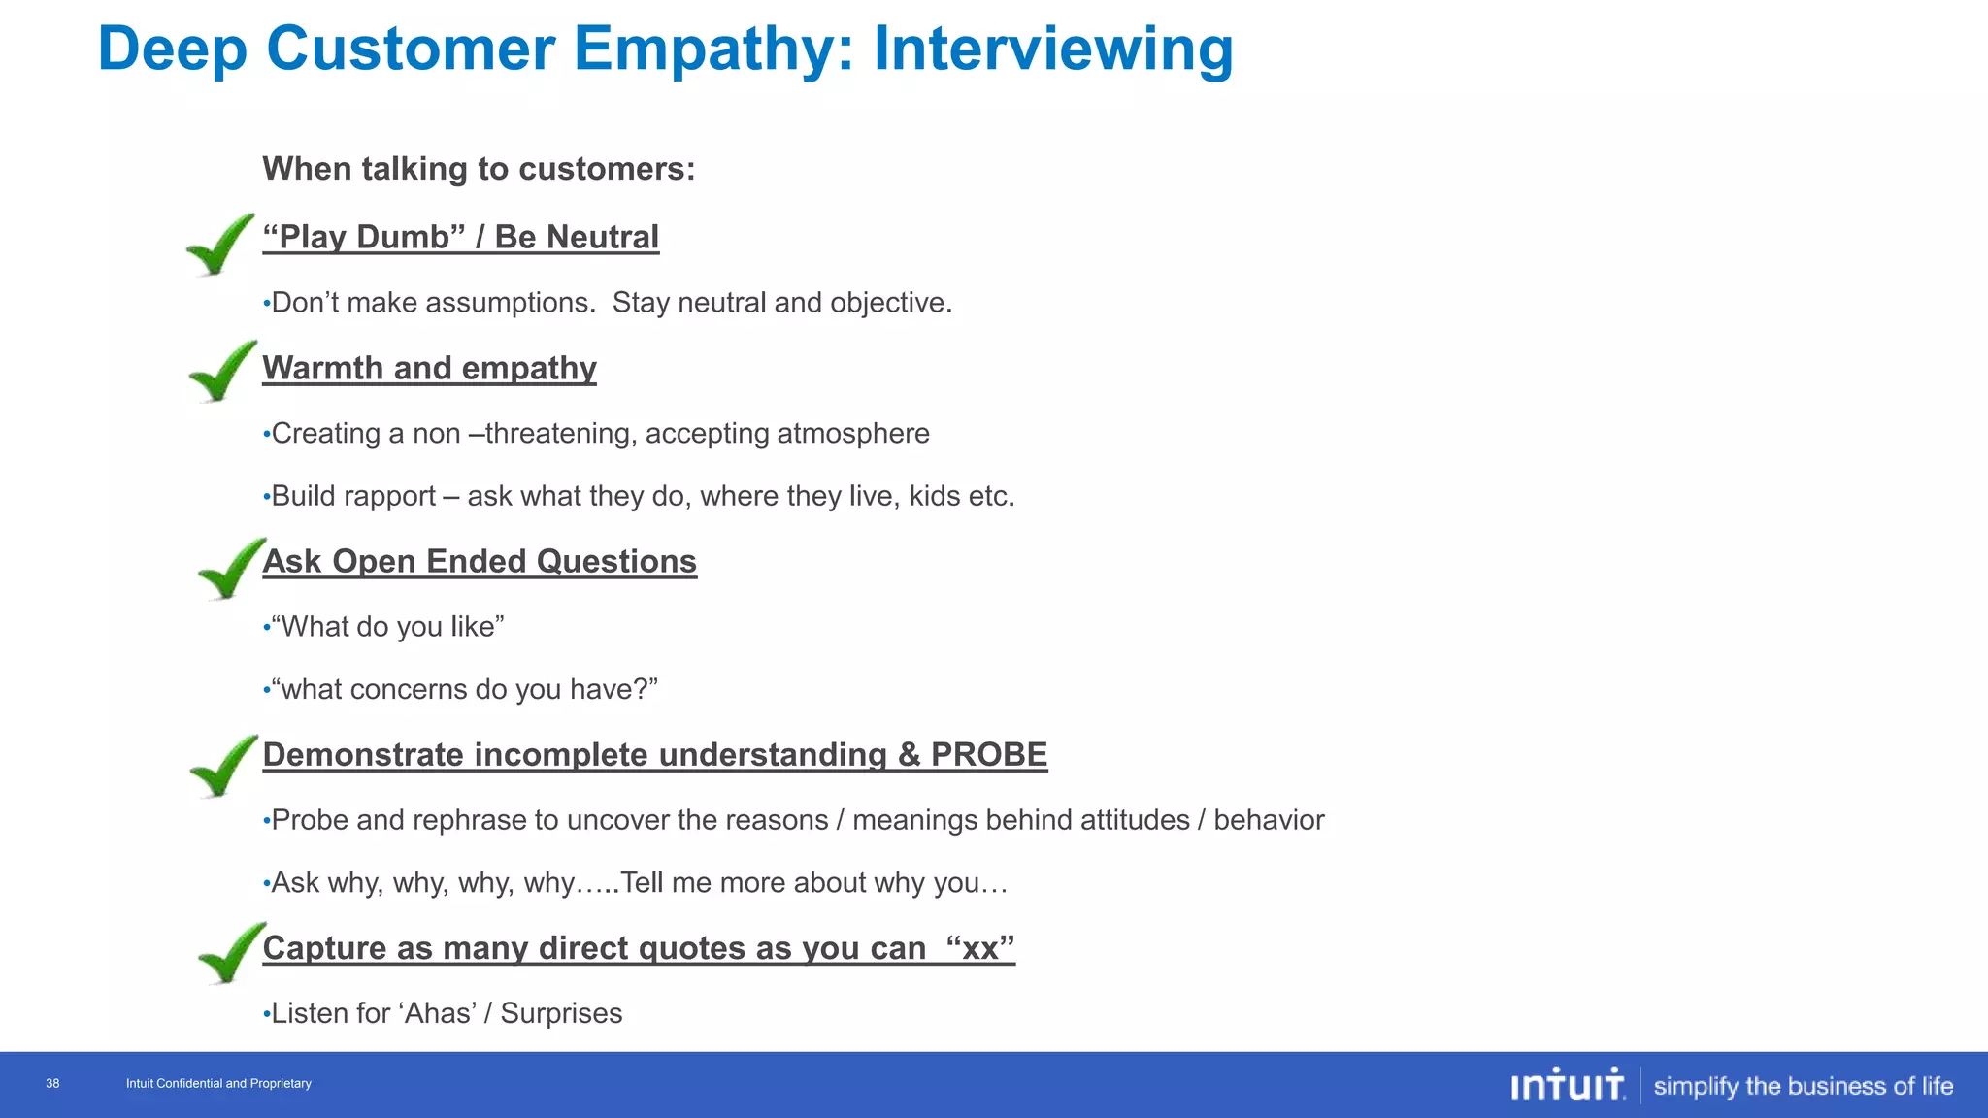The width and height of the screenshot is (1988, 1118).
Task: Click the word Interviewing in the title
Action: click(1053, 49)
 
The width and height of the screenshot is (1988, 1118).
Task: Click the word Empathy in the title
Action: click(713, 49)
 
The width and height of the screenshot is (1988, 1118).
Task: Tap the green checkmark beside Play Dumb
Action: click(220, 245)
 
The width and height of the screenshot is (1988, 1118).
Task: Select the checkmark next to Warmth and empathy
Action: click(223, 372)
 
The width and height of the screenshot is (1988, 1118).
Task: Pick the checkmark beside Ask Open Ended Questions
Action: click(231, 569)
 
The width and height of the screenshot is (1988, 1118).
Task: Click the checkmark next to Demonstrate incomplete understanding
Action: click(224, 767)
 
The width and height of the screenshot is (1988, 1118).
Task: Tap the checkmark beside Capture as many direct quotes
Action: click(231, 953)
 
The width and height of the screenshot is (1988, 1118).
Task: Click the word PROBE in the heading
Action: click(988, 755)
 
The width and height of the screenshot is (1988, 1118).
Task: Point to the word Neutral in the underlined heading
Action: click(602, 237)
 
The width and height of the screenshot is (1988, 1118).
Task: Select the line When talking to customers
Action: click(479, 169)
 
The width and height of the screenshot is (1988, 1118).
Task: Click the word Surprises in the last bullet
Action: click(561, 1013)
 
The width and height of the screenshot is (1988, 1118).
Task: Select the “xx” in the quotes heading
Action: click(979, 948)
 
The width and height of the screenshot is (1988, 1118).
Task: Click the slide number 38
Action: click(52, 1084)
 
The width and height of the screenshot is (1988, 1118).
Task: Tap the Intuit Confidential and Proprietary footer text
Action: click(218, 1084)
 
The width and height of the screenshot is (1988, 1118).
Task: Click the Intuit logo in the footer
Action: click(1567, 1085)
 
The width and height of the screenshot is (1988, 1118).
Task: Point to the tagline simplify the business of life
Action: click(1803, 1086)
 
